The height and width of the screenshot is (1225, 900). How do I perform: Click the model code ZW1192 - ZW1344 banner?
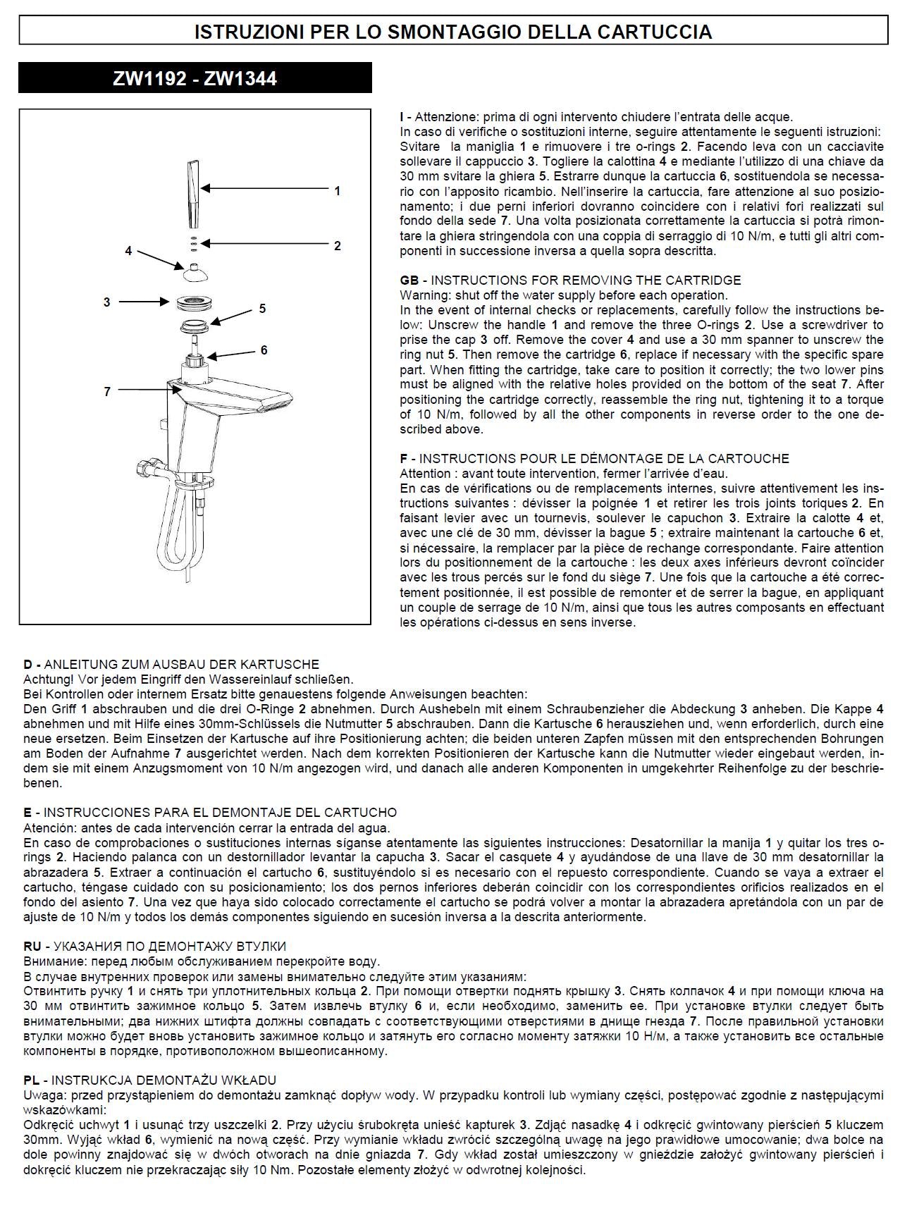(x=195, y=78)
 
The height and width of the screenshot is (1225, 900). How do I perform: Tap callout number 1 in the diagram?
(x=338, y=191)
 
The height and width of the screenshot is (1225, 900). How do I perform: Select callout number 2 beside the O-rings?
(x=338, y=246)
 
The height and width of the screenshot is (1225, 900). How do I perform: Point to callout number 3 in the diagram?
(x=107, y=302)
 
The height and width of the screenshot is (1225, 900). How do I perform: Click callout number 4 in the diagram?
(x=128, y=251)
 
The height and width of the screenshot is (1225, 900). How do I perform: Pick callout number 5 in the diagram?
(x=262, y=308)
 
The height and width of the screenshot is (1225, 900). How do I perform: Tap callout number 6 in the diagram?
(x=264, y=350)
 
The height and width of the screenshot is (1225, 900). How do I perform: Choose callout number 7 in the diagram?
(x=107, y=391)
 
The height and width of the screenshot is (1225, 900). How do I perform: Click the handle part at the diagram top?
(x=192, y=194)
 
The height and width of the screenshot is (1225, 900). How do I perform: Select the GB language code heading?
(x=409, y=281)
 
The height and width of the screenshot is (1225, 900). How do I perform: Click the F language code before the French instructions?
(x=404, y=459)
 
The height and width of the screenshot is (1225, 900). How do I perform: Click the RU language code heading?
(x=32, y=947)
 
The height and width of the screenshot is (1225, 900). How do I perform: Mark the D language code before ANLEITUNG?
(x=28, y=664)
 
